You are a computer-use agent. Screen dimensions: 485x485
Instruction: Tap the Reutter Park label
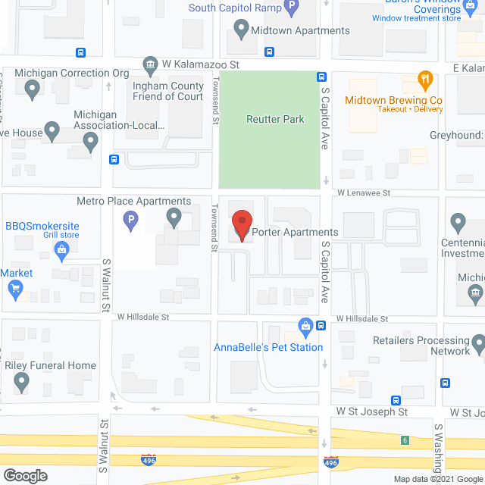coord(275,119)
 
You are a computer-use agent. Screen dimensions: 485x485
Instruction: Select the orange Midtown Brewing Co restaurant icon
coord(425,79)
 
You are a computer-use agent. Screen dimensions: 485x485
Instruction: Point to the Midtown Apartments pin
coord(242,31)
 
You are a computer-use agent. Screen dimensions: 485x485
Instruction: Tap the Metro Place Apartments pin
coord(174,219)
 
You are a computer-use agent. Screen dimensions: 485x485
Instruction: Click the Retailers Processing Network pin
coord(479,347)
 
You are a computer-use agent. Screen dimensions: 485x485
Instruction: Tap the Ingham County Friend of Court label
coord(168,91)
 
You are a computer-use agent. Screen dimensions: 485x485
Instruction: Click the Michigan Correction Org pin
coord(32,91)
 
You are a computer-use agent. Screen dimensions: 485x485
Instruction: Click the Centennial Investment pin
coord(458,224)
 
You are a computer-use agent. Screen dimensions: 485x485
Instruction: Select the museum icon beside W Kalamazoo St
coord(150,64)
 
